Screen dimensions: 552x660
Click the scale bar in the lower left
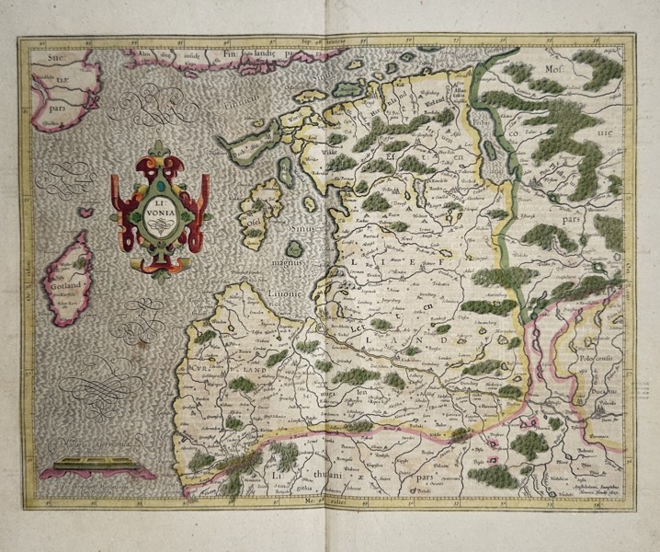click(85, 465)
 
